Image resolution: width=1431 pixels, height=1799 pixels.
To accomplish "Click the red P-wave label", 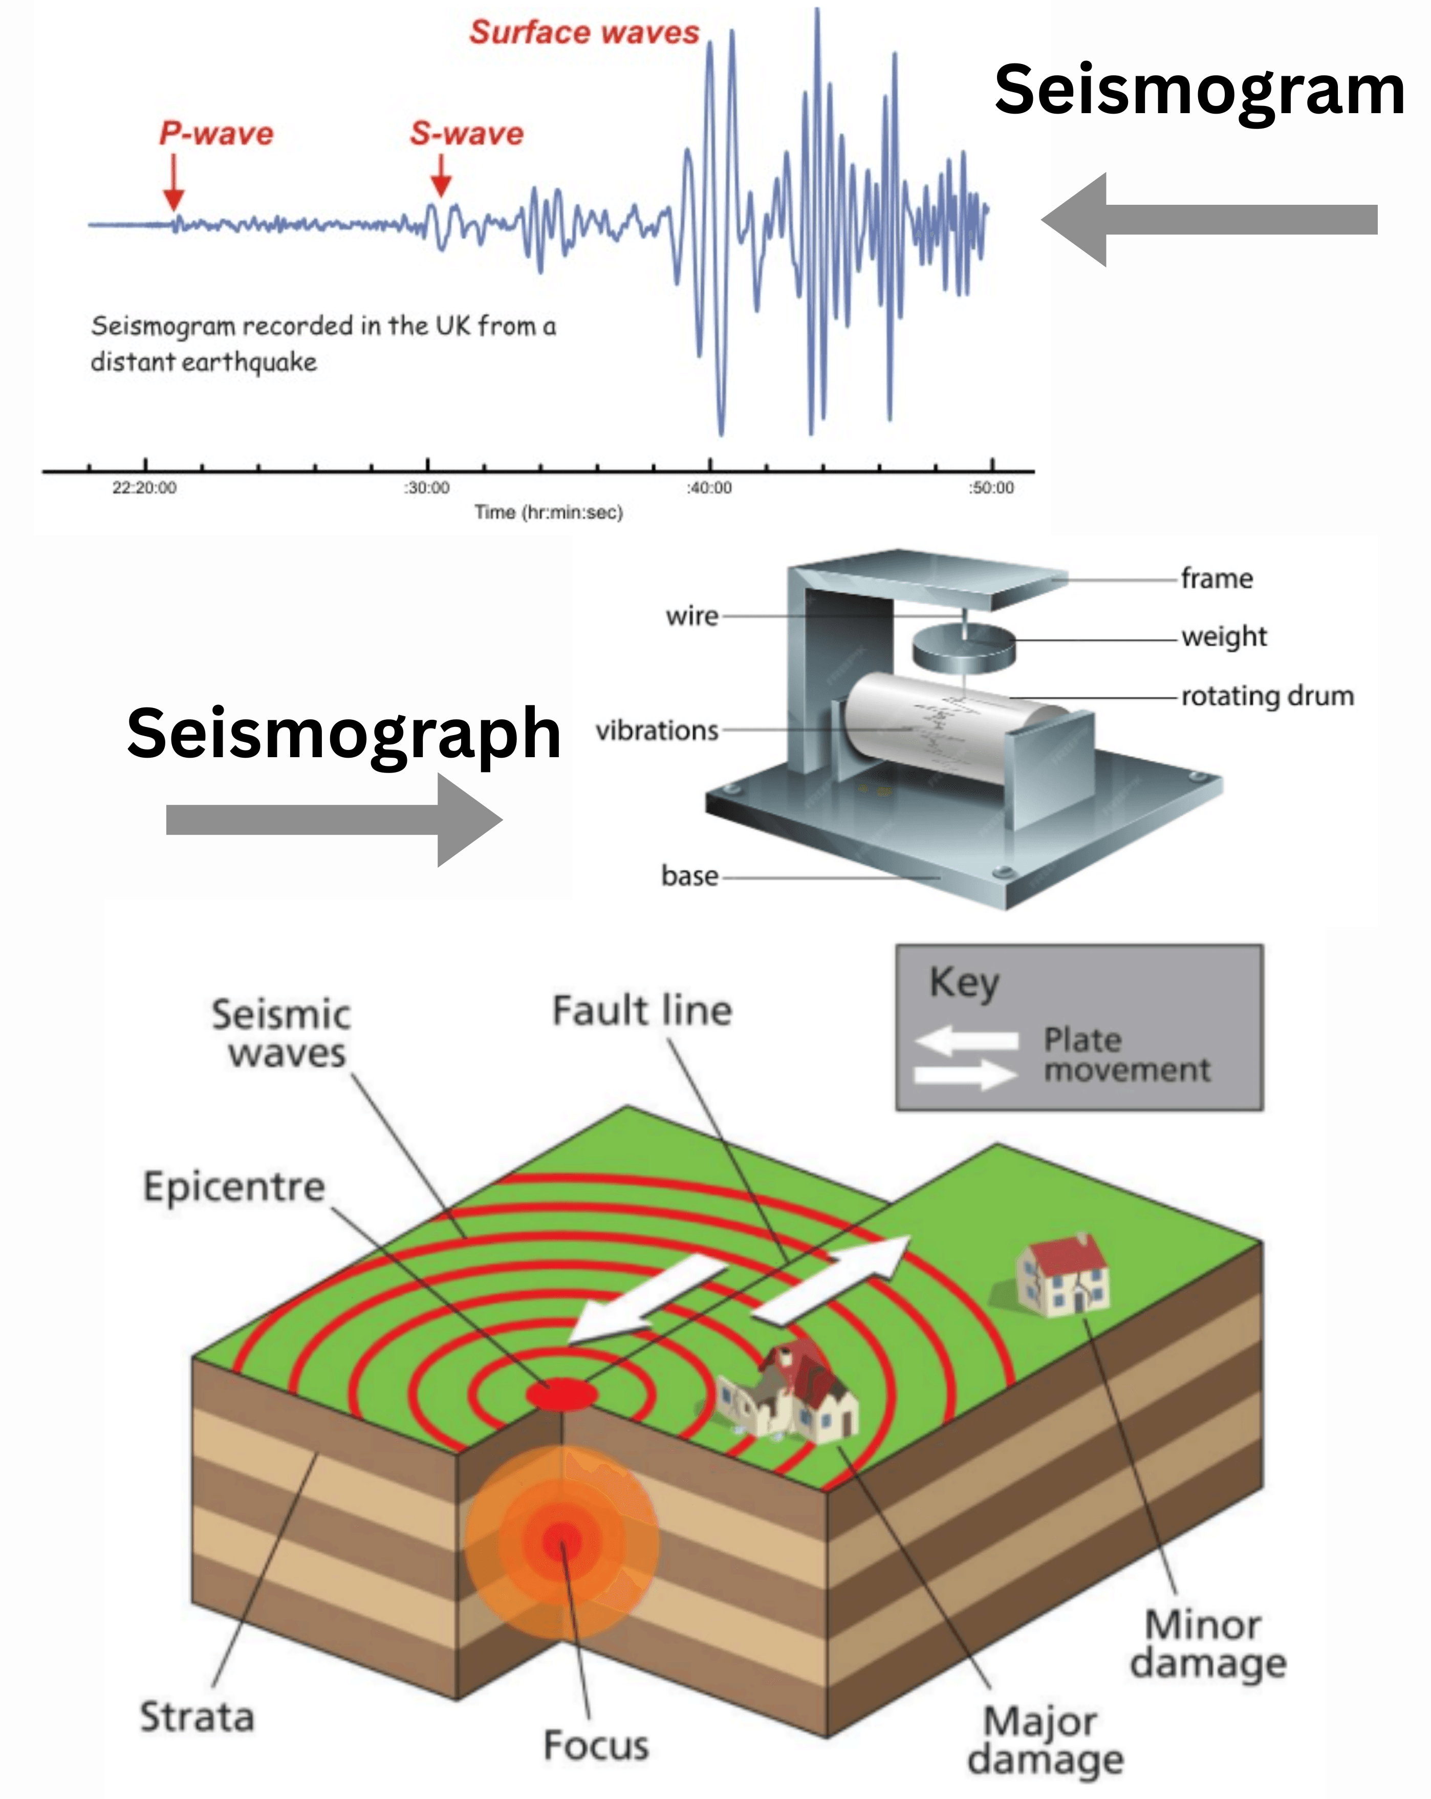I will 216,134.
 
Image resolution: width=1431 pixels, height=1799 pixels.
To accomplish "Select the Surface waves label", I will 584,33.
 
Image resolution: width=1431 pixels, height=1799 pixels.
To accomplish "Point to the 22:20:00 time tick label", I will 144,488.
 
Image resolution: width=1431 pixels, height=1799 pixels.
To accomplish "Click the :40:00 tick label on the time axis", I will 709,488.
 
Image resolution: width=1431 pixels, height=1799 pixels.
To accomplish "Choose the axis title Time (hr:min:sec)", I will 548,512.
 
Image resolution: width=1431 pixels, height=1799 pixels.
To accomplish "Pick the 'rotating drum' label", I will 1267,696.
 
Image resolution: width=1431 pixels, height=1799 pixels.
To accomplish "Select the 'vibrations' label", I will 657,731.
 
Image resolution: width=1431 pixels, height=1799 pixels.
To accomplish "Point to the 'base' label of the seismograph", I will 689,876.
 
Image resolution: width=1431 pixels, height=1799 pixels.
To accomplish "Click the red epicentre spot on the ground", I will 561,1394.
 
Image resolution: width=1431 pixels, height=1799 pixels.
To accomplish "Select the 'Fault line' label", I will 642,1011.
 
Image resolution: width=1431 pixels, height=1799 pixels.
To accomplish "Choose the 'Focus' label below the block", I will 596,1746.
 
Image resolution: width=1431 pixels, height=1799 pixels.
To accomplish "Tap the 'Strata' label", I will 197,1717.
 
